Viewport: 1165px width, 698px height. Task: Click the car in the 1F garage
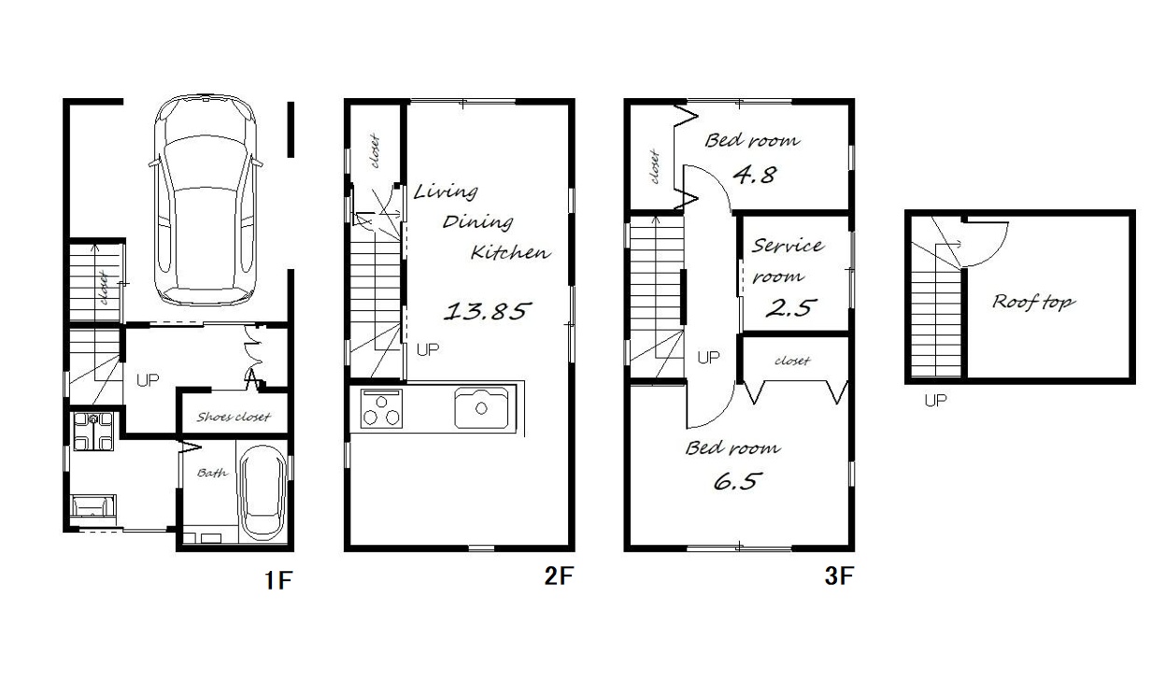(x=206, y=200)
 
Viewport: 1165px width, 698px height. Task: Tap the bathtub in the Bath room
(x=263, y=493)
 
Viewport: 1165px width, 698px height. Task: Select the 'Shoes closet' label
(x=234, y=417)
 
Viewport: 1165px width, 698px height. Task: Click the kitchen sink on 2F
(x=482, y=408)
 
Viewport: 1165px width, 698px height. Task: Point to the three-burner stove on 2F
(x=382, y=408)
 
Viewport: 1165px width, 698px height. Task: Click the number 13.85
(x=487, y=311)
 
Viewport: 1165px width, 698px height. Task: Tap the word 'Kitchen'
(x=510, y=252)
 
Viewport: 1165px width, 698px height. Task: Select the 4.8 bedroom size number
(x=755, y=175)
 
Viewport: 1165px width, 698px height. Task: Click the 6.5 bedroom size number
(x=738, y=481)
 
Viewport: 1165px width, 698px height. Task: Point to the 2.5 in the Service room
(x=789, y=308)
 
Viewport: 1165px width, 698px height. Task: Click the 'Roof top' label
(x=1033, y=302)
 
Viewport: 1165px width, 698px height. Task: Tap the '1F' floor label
(x=278, y=580)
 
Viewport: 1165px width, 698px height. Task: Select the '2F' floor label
(x=559, y=576)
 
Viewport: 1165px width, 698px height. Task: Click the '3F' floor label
(x=839, y=576)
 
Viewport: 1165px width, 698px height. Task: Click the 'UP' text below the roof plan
(x=935, y=401)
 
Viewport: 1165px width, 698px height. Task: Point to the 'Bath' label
(x=212, y=473)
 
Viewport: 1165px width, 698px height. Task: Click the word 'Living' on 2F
(x=446, y=192)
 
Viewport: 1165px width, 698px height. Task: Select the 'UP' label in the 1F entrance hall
(x=148, y=380)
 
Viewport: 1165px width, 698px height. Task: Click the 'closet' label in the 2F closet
(x=375, y=151)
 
